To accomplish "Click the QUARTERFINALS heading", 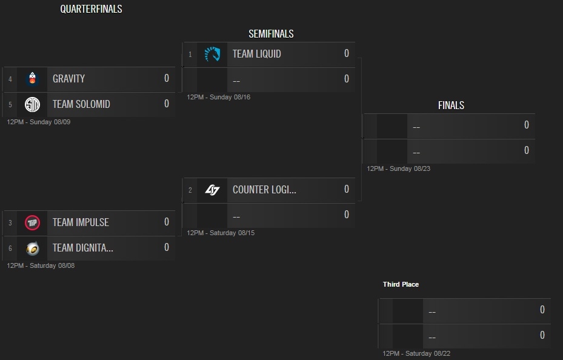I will [x=91, y=9].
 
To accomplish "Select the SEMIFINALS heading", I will [x=271, y=34].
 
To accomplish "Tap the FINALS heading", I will [x=451, y=105].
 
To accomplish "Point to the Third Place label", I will [x=401, y=284].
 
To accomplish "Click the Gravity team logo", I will [x=32, y=79].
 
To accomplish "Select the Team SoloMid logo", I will [x=32, y=104].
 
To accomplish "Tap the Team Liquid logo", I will [x=212, y=54].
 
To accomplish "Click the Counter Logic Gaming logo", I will [x=212, y=190].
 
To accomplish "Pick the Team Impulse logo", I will [x=32, y=222].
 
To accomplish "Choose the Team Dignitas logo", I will [x=32, y=248].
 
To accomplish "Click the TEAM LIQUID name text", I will [x=256, y=54].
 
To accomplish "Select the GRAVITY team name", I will [x=68, y=79].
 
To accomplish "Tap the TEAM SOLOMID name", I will [x=81, y=104].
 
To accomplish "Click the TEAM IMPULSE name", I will [x=81, y=222].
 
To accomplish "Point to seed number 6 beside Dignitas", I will [x=10, y=248].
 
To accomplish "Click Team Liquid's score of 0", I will [x=347, y=53].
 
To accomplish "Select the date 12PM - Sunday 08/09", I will [x=39, y=122].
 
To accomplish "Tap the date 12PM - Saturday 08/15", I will [x=221, y=233].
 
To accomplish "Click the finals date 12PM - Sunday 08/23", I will [x=399, y=168].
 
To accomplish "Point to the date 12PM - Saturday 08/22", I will [x=416, y=353].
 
